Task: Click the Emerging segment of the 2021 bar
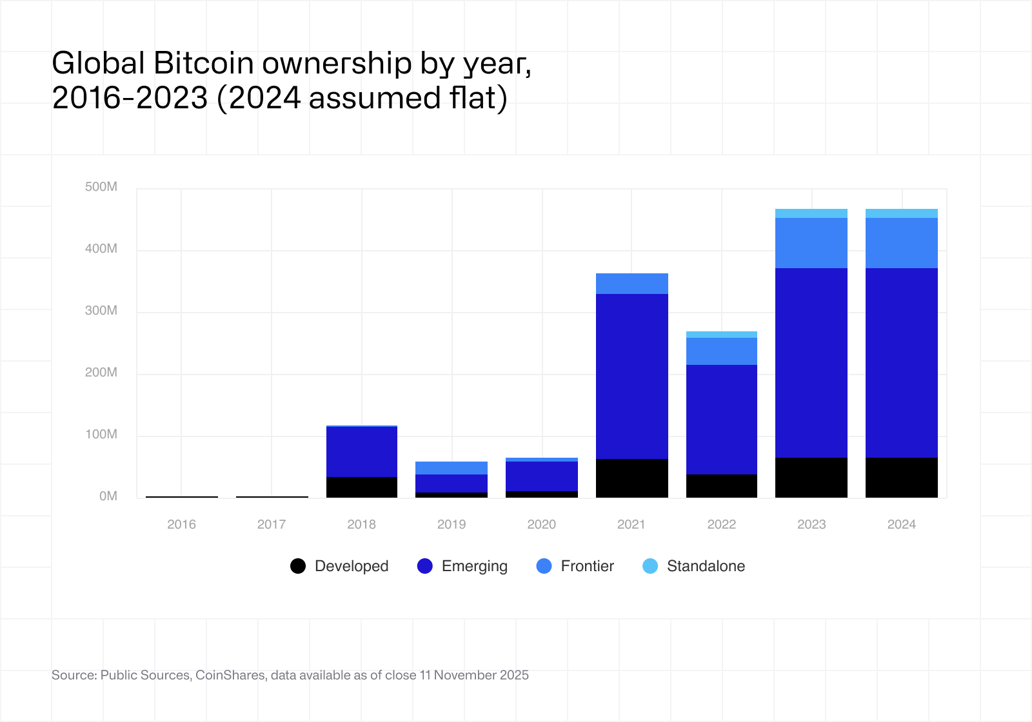pos(632,376)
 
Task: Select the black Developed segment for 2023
pos(811,477)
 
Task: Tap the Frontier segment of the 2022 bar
pos(722,351)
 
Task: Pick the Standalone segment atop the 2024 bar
pos(902,213)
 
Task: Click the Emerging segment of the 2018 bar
pos(362,452)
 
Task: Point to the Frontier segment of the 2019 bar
pos(451,468)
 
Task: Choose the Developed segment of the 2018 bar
pos(362,487)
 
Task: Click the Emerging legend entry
pos(462,566)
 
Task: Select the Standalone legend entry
pos(694,566)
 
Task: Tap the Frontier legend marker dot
pos(544,566)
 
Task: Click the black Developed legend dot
pos(298,566)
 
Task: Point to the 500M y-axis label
pos(101,187)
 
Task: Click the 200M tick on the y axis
pos(101,373)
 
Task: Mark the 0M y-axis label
pos(108,496)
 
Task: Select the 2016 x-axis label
pos(181,524)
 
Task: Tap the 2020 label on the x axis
pos(542,524)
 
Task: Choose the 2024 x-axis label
pos(902,524)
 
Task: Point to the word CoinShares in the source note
pos(230,675)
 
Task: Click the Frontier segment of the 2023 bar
pos(811,243)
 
